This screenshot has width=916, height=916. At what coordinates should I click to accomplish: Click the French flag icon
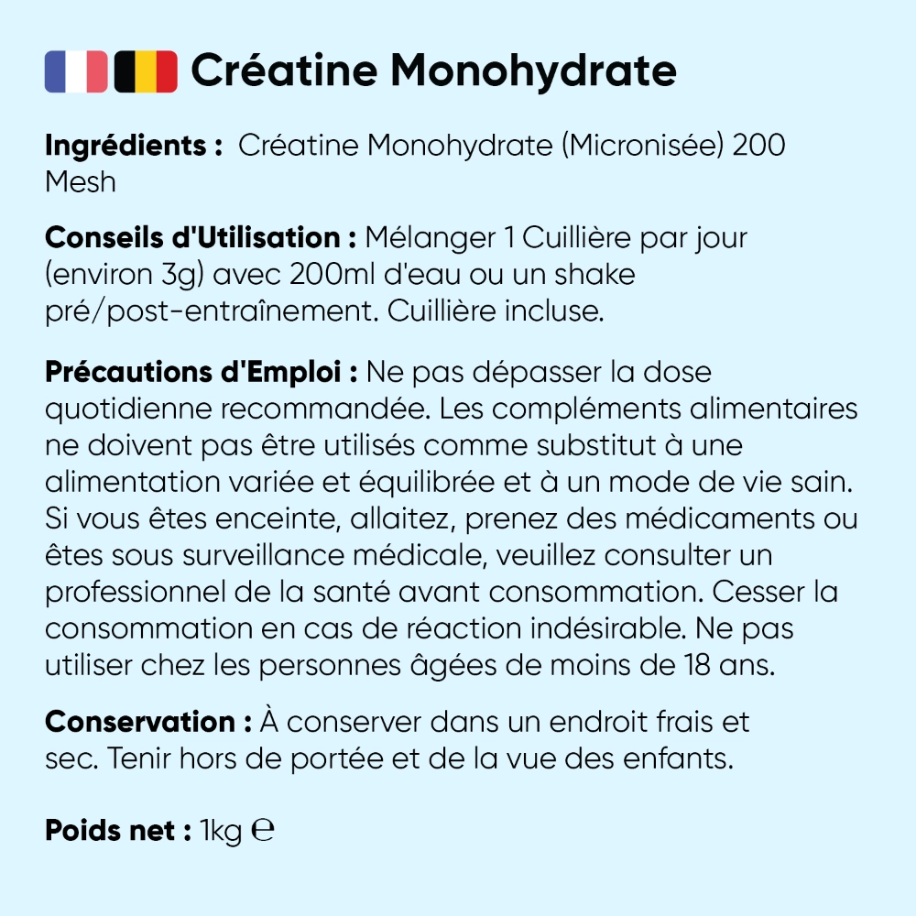click(x=76, y=71)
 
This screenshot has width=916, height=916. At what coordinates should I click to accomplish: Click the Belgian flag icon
click(x=146, y=71)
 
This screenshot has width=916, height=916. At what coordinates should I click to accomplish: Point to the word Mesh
click(x=81, y=181)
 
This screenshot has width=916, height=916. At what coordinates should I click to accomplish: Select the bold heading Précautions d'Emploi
click(x=201, y=373)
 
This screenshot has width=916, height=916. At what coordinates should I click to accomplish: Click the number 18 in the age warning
click(x=687, y=666)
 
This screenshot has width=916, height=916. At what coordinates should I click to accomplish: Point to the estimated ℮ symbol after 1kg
click(x=263, y=830)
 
